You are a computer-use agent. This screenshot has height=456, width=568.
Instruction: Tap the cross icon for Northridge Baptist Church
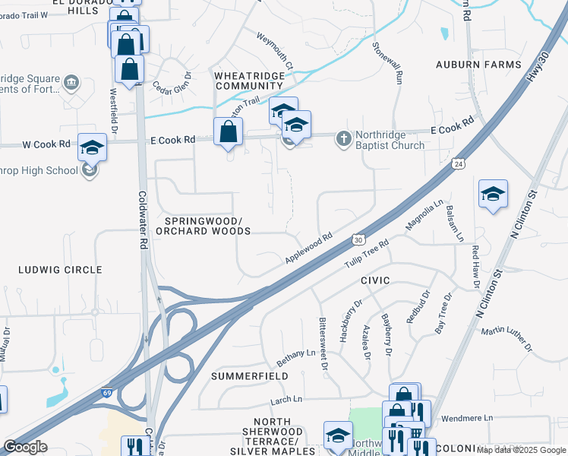(343, 138)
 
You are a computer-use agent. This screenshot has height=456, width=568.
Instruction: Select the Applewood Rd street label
(309, 249)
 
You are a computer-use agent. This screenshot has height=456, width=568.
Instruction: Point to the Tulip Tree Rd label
(367, 254)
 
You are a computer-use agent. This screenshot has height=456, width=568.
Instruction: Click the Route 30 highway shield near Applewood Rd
(358, 239)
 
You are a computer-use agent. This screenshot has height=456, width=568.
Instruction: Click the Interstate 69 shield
(109, 394)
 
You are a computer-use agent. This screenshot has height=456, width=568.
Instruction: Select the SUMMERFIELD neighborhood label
(249, 376)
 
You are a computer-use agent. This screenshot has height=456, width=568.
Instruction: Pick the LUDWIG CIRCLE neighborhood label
(61, 270)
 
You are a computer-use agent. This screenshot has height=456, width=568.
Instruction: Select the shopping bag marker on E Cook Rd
(229, 133)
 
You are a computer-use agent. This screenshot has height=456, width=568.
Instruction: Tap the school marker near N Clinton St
(493, 195)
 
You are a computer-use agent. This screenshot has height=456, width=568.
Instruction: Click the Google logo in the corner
(24, 447)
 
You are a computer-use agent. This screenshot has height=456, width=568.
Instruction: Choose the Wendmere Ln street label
(467, 417)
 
